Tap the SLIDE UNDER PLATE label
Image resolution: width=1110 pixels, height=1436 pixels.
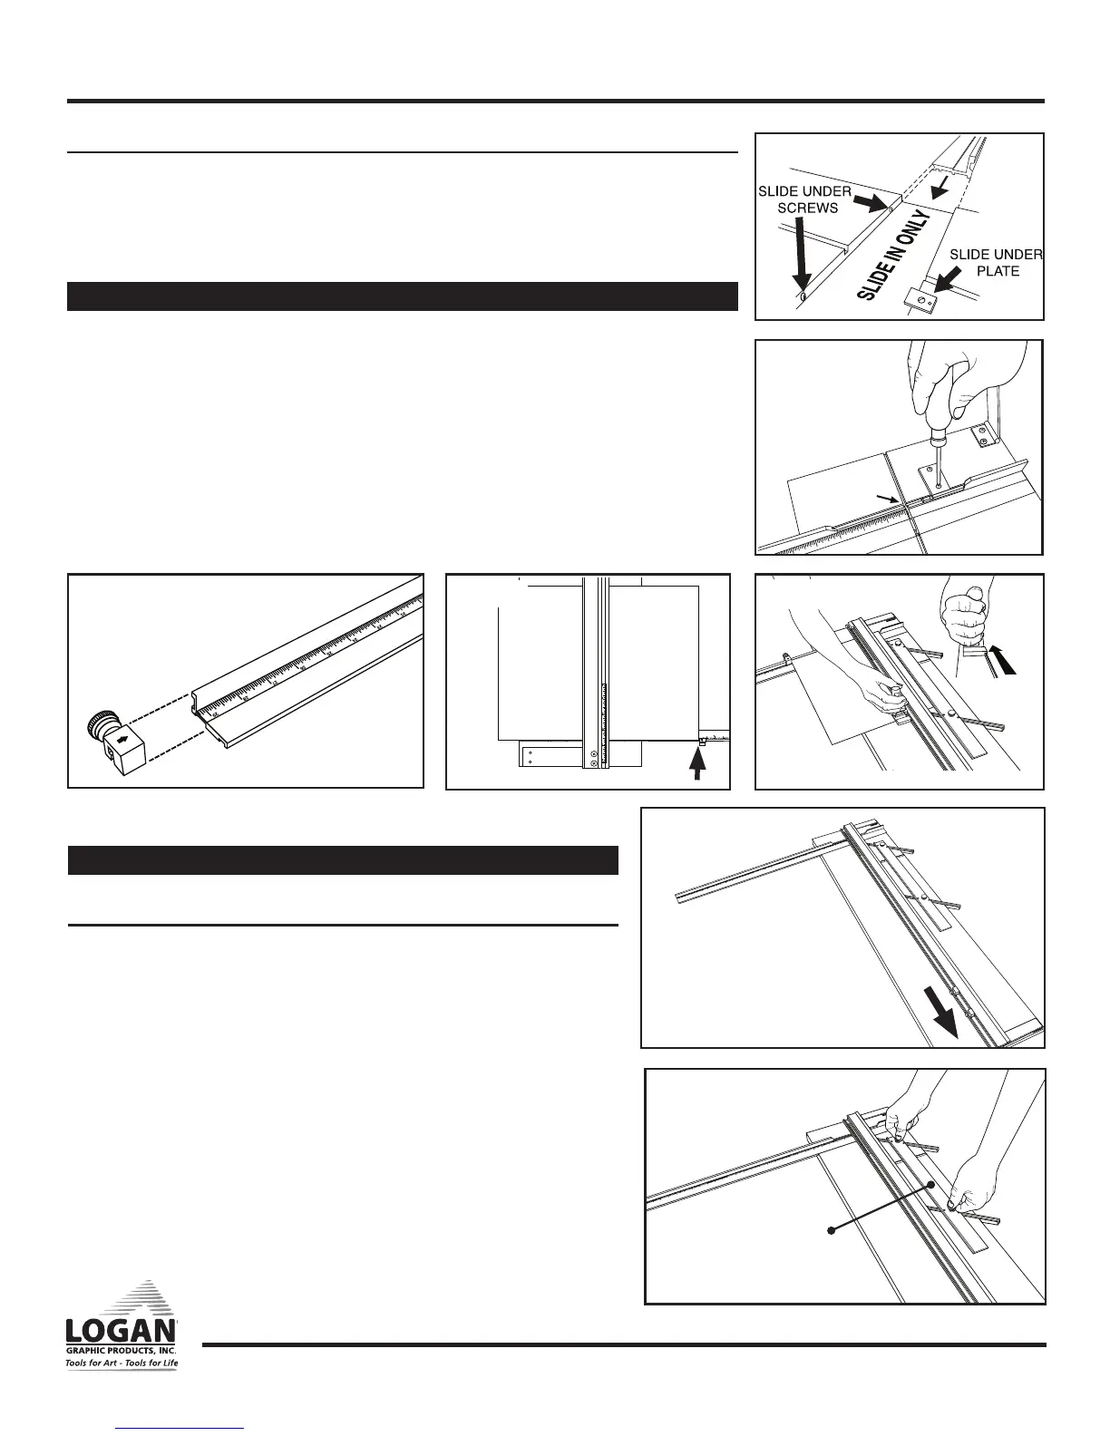pos(995,262)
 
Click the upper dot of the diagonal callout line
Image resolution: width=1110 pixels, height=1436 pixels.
pos(931,1186)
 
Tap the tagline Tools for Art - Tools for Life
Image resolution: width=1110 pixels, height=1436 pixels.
pos(122,1363)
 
